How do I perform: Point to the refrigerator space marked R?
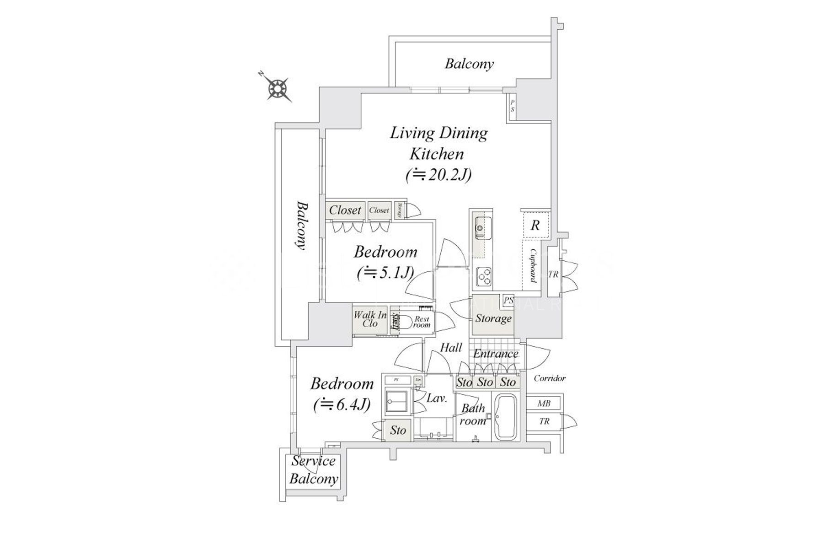535,225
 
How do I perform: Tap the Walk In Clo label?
370,319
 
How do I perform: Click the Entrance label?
495,354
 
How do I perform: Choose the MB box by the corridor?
544,404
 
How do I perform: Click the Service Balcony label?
314,470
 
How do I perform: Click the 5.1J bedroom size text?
385,273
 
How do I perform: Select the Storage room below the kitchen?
493,318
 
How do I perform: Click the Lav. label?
436,398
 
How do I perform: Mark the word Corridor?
550,378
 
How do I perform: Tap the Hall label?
451,348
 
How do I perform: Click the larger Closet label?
345,210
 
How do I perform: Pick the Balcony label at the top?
469,64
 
